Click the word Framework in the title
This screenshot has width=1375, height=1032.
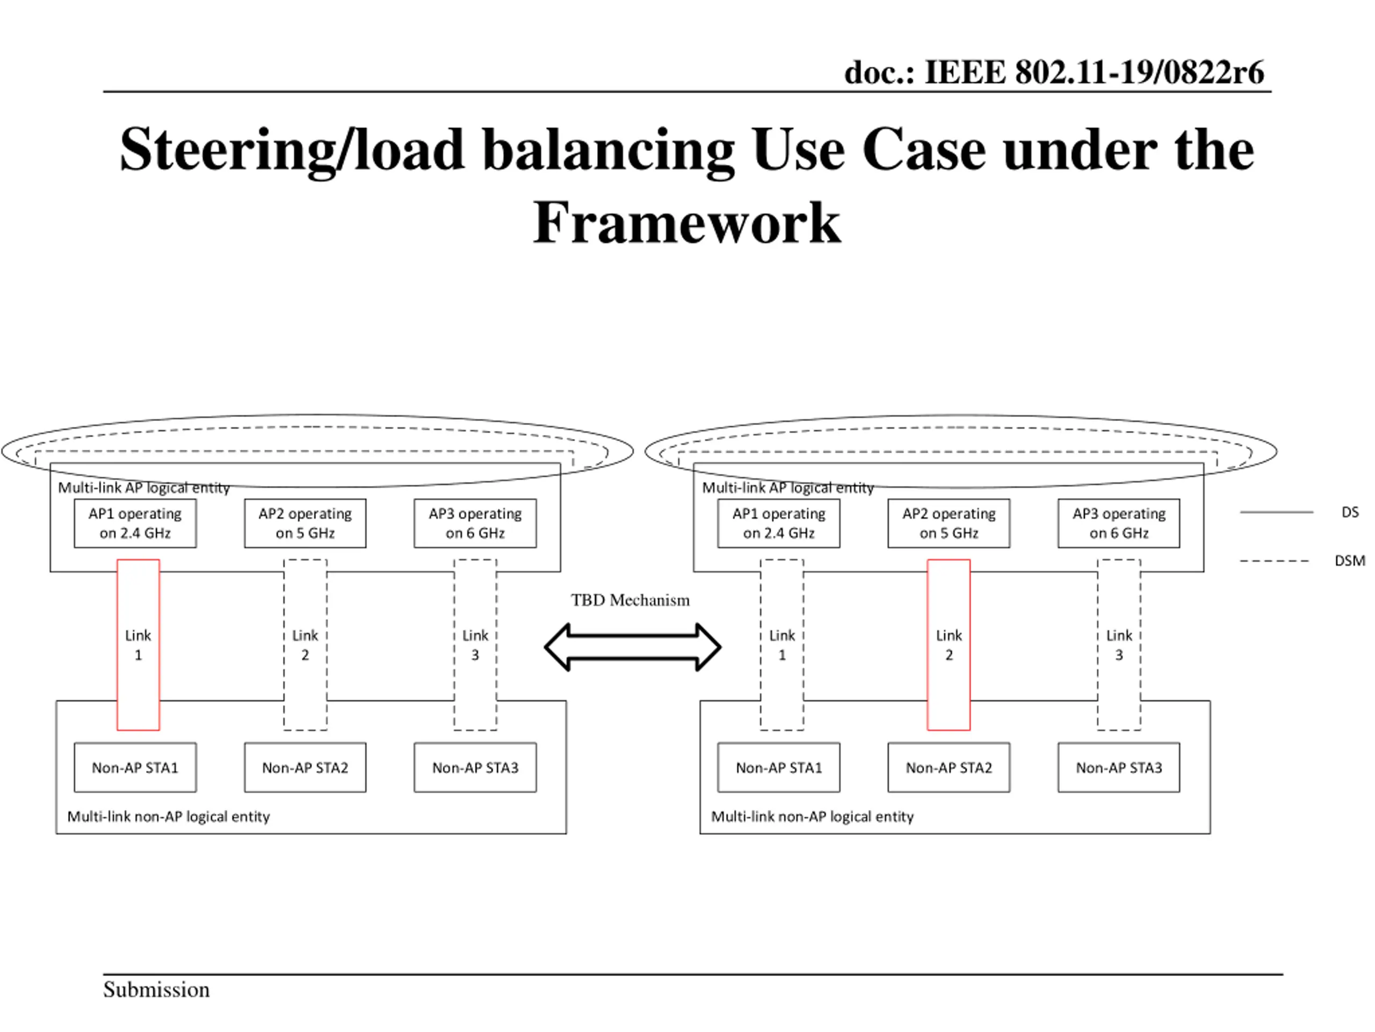(x=687, y=223)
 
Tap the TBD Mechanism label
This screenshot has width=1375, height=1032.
(x=631, y=600)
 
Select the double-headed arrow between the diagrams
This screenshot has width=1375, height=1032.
(x=633, y=647)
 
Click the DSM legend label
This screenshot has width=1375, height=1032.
(x=1350, y=561)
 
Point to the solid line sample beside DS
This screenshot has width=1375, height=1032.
(x=1276, y=512)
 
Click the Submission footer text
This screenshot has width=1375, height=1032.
(x=156, y=990)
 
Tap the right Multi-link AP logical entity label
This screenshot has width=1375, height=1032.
(x=787, y=488)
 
